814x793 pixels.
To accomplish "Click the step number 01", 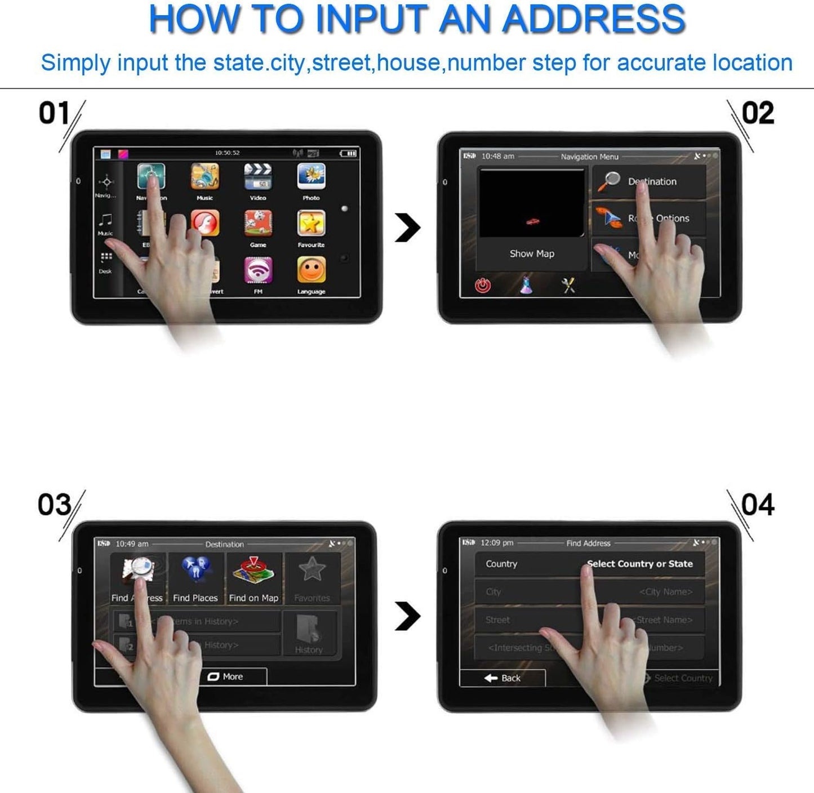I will coord(54,113).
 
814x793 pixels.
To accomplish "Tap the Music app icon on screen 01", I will coord(204,177).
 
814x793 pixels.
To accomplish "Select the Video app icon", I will coord(258,177).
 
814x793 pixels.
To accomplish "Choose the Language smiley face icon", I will coord(311,270).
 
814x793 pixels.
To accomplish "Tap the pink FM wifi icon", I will coord(258,270).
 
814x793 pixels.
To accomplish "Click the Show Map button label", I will coord(532,254).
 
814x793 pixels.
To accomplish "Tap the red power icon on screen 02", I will coord(482,286).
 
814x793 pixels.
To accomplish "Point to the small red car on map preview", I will coord(532,221).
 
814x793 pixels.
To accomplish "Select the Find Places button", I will coord(195,578).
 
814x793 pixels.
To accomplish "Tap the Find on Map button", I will coord(253,578).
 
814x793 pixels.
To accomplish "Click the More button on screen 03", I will coord(226,676).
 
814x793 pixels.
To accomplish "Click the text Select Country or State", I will coord(639,564).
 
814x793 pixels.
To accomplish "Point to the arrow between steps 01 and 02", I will coord(408,228).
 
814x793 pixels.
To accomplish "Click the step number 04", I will coord(758,505).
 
